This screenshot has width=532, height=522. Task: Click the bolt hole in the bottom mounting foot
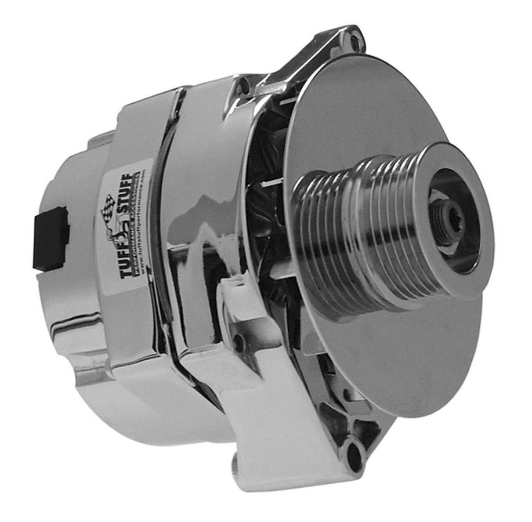click(x=353, y=449)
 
